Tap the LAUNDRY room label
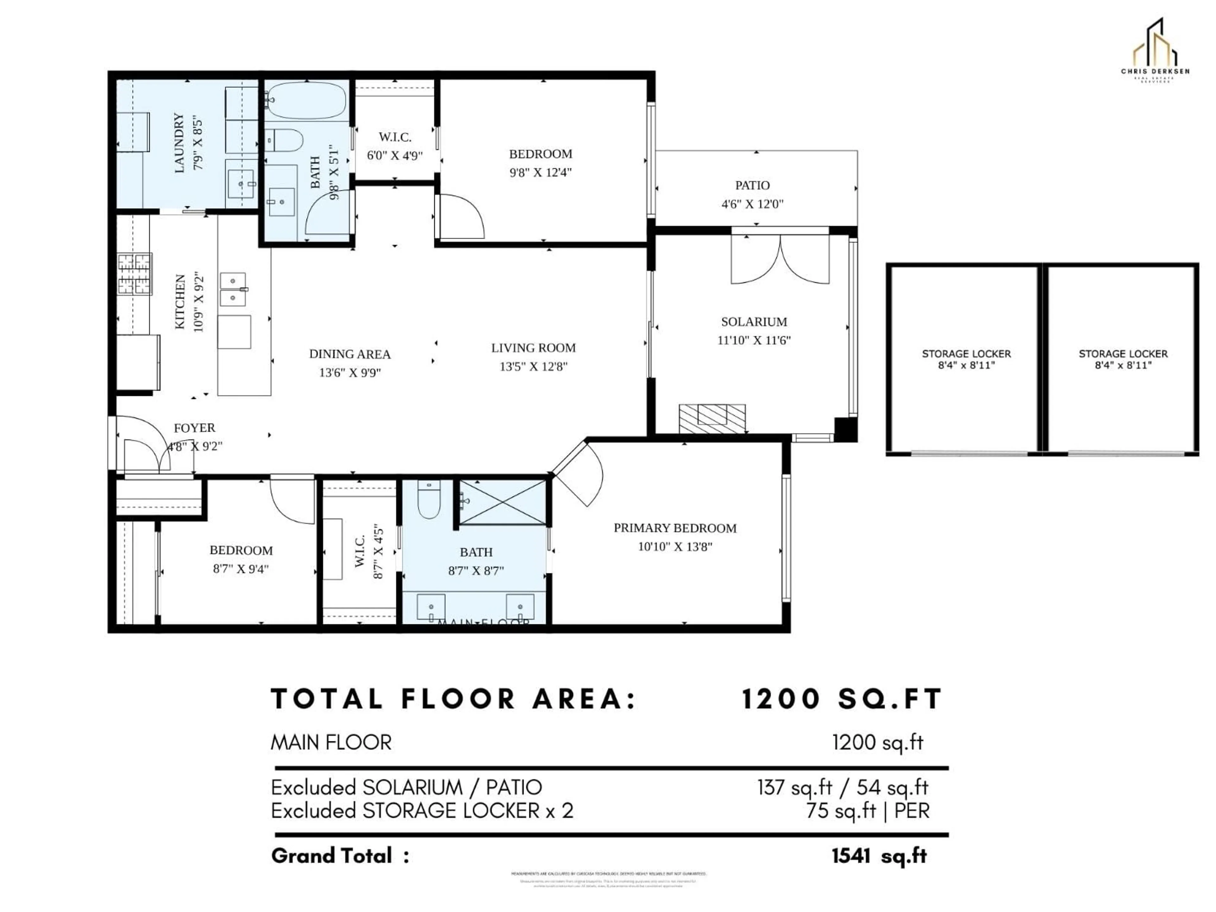pyautogui.click(x=179, y=143)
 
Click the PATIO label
pyautogui.click(x=752, y=185)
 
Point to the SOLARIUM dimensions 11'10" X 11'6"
pyautogui.click(x=754, y=340)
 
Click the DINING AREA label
pyautogui.click(x=350, y=354)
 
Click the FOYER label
pyautogui.click(x=195, y=428)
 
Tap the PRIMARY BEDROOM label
pyautogui.click(x=674, y=528)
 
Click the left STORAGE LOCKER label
pyautogui.click(x=966, y=353)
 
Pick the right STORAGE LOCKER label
pyautogui.click(x=1123, y=353)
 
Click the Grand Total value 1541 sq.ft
pyautogui.click(x=879, y=856)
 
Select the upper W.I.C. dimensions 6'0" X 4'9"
pyautogui.click(x=395, y=155)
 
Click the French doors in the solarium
pyautogui.click(x=780, y=259)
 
